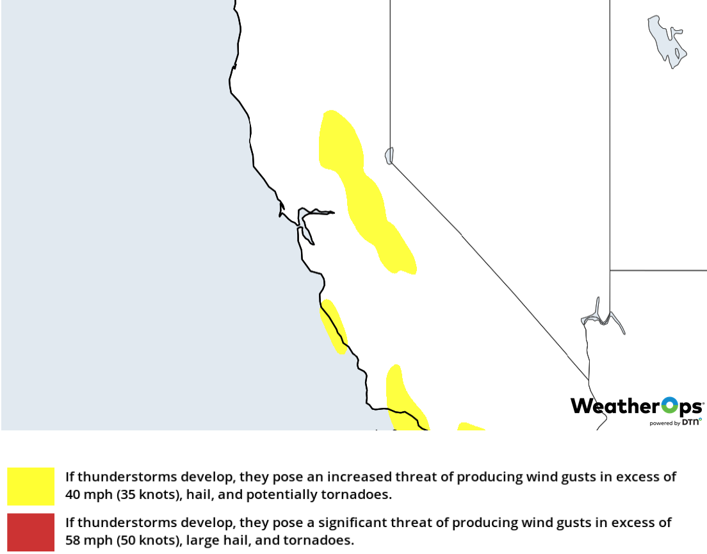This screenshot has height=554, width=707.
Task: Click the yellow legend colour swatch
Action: pyautogui.click(x=31, y=486)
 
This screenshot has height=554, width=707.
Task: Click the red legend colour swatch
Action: pyautogui.click(x=31, y=532)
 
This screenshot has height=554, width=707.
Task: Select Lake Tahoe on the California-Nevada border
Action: pyautogui.click(x=389, y=156)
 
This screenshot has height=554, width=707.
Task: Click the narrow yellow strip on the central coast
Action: pyautogui.click(x=334, y=325)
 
